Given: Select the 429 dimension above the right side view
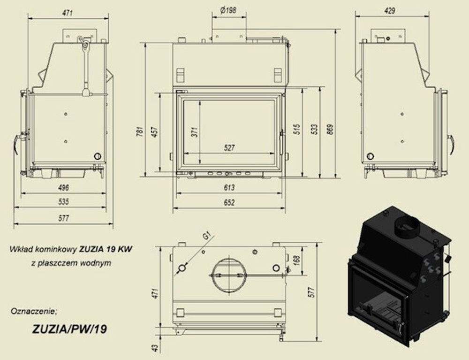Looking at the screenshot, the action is click(x=389, y=10).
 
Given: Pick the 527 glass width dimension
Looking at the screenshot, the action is click(x=229, y=148).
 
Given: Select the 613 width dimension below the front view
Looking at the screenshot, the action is click(x=229, y=187).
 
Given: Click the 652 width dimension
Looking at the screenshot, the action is click(x=229, y=203).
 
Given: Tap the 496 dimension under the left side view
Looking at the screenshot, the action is click(x=63, y=187).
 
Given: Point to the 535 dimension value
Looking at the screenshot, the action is click(x=63, y=202).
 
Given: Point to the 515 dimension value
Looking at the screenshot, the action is click(x=296, y=130).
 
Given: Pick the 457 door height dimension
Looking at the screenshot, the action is click(x=154, y=133).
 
